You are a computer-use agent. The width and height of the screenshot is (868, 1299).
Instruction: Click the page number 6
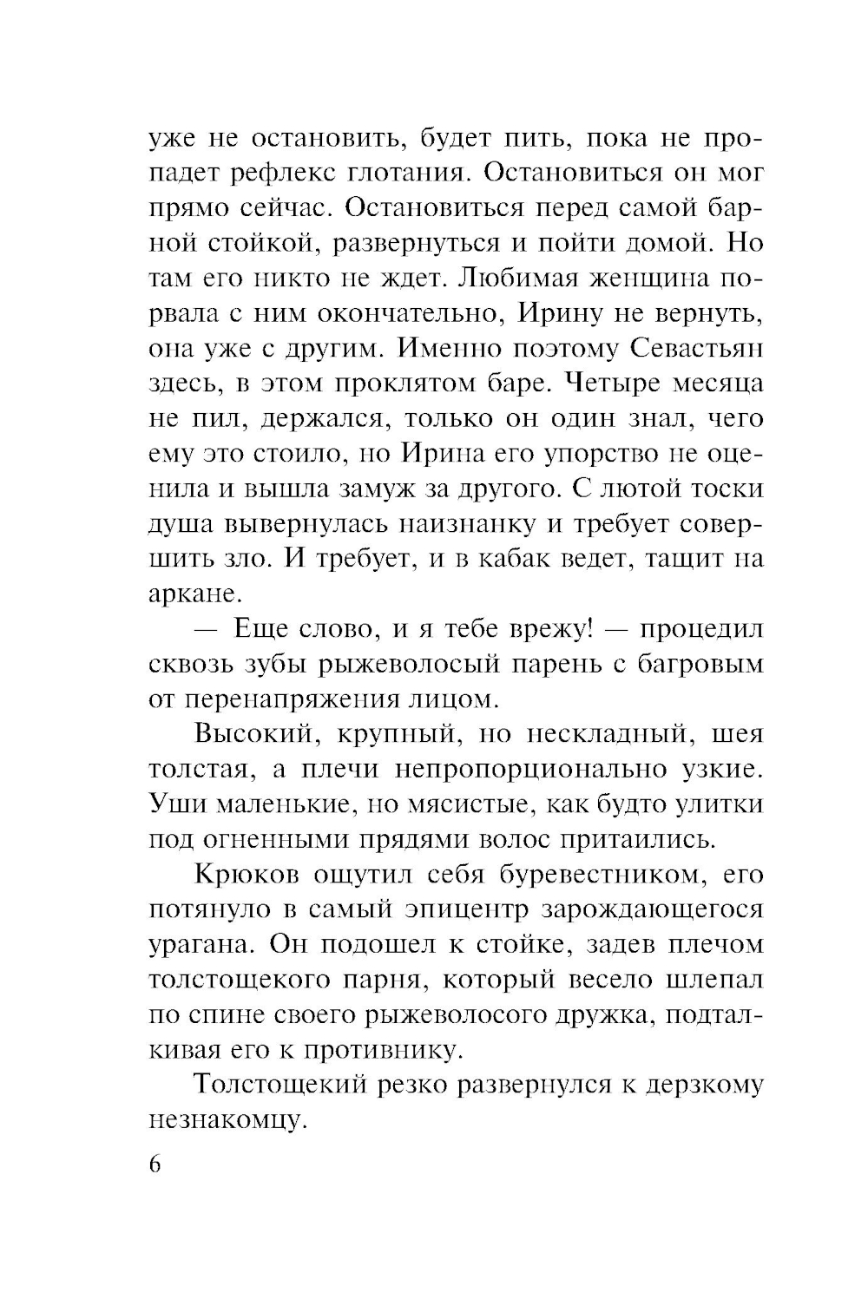point(155,1164)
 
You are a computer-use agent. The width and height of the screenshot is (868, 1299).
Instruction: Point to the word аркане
point(192,594)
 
